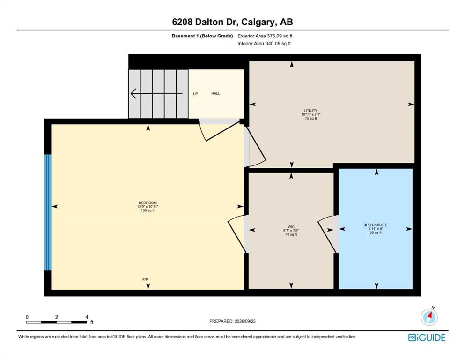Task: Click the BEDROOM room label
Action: tap(148, 203)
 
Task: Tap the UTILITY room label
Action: tap(311, 111)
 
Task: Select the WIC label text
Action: tap(291, 227)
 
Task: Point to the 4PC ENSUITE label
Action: tap(376, 225)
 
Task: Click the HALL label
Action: tap(215, 93)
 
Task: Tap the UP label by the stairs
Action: tap(195, 94)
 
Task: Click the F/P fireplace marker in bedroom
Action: tap(145, 280)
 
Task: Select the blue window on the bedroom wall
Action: tap(48, 212)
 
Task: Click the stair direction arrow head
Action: tap(133, 93)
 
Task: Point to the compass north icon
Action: tap(429, 317)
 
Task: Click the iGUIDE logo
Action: tap(427, 337)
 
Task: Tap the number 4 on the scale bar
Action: tap(87, 317)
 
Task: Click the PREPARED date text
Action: tap(232, 321)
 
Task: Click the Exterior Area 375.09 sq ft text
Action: tap(265, 36)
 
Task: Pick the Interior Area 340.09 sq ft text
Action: tap(264, 43)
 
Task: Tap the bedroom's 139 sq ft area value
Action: tap(148, 210)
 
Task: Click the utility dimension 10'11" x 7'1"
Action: tap(311, 114)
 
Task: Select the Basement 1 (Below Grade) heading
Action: tap(202, 36)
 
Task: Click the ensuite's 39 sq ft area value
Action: tap(376, 232)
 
